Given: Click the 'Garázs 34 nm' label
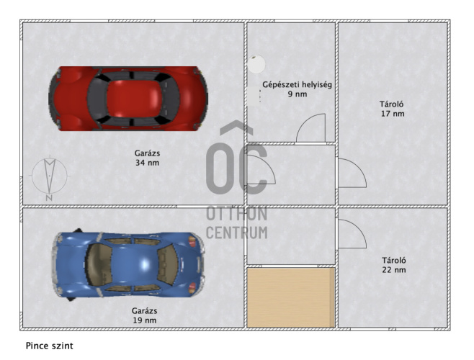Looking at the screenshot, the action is point(147,158).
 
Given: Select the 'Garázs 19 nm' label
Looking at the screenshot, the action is point(145,315).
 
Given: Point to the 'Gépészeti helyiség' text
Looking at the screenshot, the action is point(297,85).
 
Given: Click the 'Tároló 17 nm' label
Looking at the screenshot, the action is point(392,109).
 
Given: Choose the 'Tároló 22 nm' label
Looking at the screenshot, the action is point(394,265).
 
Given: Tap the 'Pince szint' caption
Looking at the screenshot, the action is point(49,346).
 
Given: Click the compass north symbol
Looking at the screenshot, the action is point(50,176).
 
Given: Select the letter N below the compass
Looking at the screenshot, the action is point(49,198).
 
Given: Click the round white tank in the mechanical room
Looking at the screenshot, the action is point(256,64).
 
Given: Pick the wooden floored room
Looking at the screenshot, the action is point(291,297).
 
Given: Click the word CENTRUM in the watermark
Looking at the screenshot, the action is point(237,233).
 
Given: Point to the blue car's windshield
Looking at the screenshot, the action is point(167,265).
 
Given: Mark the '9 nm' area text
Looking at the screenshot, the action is point(298,94).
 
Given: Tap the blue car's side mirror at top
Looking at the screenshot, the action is point(78,230).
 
